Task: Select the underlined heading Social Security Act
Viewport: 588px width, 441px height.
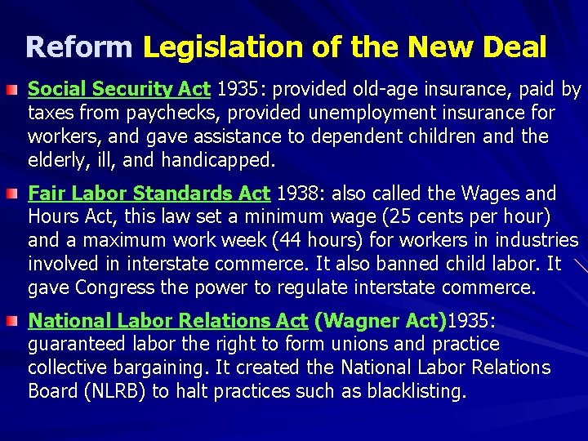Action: click(119, 89)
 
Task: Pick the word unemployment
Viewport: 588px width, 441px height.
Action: click(382, 113)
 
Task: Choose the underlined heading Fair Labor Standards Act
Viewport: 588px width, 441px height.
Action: click(149, 194)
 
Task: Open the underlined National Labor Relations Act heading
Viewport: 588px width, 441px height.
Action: click(167, 322)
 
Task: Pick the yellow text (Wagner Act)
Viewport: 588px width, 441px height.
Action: click(380, 322)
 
